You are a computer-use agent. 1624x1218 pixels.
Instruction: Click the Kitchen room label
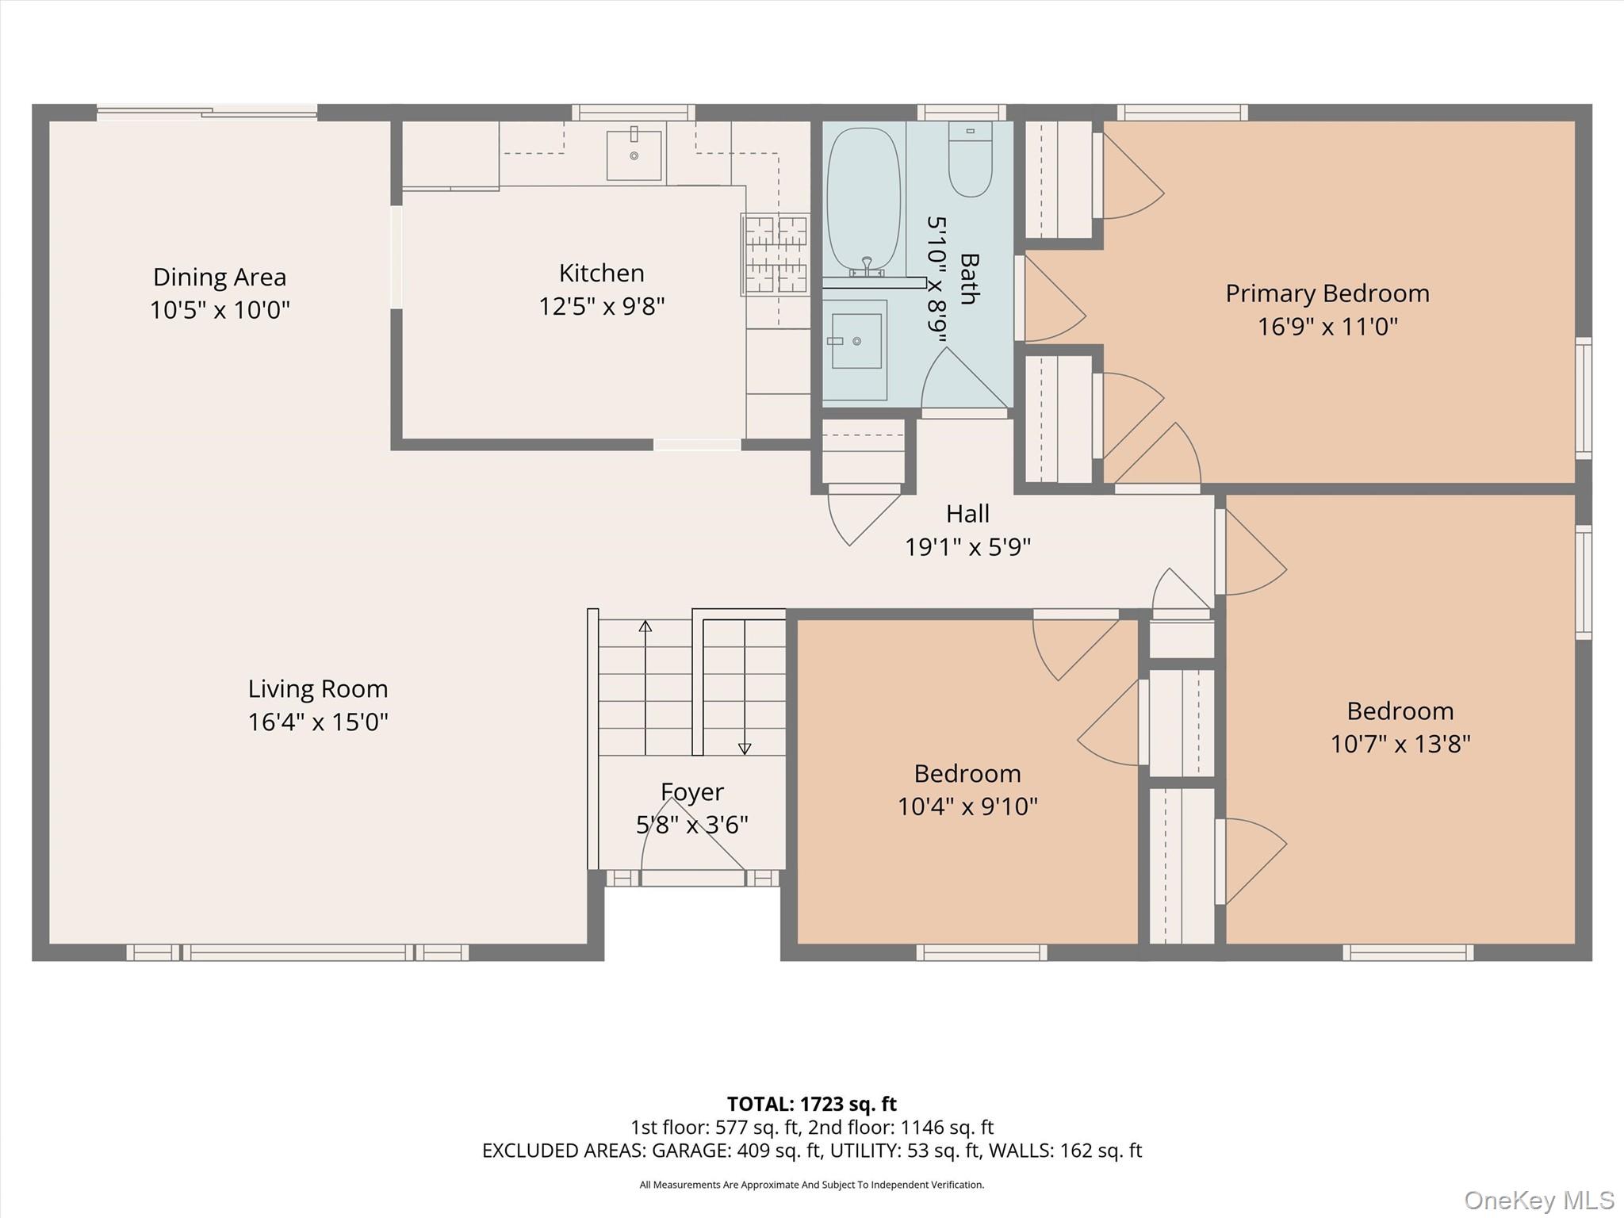coord(601,273)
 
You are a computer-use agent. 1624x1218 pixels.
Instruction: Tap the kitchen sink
coord(634,155)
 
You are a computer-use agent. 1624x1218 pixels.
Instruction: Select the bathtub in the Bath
coord(864,201)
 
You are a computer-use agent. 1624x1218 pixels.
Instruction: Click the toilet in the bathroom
coord(970,159)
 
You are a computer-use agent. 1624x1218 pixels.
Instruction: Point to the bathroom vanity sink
coord(856,341)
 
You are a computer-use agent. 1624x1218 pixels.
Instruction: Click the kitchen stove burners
coord(775,254)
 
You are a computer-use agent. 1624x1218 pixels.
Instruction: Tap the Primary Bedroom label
coord(1327,293)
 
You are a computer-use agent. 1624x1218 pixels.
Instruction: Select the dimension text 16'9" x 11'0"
coord(1327,327)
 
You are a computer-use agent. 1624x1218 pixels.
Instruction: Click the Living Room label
coord(318,688)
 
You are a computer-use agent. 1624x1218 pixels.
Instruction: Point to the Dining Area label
coord(220,277)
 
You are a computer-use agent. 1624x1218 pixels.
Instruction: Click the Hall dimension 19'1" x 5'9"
coord(967,546)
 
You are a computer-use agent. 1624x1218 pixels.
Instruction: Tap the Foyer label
coord(692,791)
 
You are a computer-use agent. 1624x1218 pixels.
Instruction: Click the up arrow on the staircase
coord(645,687)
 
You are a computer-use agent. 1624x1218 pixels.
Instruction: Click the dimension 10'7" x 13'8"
coord(1400,744)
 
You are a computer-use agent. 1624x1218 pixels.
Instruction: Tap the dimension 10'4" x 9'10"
coord(967,806)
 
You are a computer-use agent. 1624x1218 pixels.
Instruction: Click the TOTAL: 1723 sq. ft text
coord(812,1104)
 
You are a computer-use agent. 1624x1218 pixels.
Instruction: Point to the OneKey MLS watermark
coord(1539,1200)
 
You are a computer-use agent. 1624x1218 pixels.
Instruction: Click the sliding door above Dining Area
coord(207,113)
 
